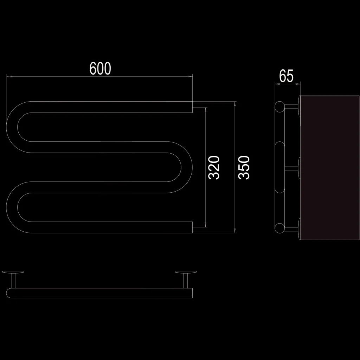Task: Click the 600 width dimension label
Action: (100, 68)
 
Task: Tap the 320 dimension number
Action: (214, 167)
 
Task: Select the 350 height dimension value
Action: (244, 167)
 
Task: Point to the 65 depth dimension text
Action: (286, 76)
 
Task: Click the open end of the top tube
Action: (192, 107)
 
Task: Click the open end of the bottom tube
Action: (192, 227)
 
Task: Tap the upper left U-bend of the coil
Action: (12, 127)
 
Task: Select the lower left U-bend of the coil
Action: (12, 207)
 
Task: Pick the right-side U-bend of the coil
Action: (187, 167)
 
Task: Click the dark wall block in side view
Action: (329, 168)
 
